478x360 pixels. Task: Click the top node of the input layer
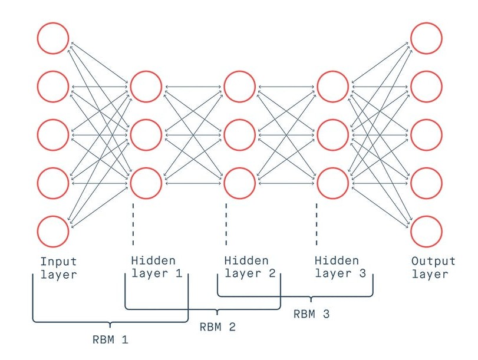(53, 38)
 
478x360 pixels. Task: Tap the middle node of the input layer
(53, 135)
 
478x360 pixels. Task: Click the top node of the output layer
(427, 38)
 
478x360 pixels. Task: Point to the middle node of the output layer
(427, 135)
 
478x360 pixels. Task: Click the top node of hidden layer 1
(146, 87)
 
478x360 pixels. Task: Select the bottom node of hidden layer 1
(146, 183)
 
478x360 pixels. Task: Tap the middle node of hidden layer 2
(240, 135)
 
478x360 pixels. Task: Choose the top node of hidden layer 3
(333, 87)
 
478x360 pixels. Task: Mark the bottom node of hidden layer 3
(333, 183)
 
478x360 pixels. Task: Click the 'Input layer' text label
(59, 267)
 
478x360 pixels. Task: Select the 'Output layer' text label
(433, 267)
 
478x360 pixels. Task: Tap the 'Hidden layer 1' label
(156, 267)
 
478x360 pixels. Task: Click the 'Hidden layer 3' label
(340, 267)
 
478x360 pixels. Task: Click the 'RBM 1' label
(110, 340)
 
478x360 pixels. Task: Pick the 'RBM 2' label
(217, 327)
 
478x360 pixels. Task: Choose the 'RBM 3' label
(311, 314)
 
